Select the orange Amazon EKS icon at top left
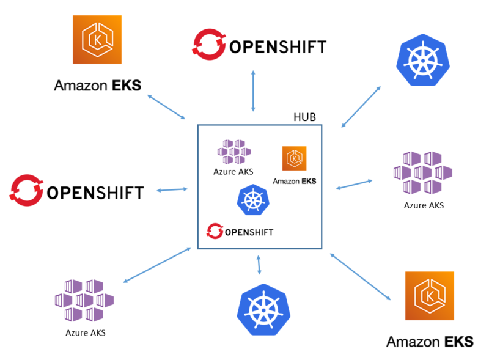click(x=98, y=40)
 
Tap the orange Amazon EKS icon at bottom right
click(x=430, y=296)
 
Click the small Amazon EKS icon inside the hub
click(x=294, y=159)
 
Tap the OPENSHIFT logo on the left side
click(x=76, y=191)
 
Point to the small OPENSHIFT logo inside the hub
click(x=240, y=231)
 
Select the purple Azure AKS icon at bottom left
click(x=84, y=301)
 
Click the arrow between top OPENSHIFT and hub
click(x=253, y=90)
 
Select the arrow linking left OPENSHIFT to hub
click(x=172, y=190)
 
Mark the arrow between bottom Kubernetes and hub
click(x=260, y=265)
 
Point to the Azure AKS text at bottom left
click(x=85, y=333)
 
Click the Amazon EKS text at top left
click(x=97, y=85)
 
